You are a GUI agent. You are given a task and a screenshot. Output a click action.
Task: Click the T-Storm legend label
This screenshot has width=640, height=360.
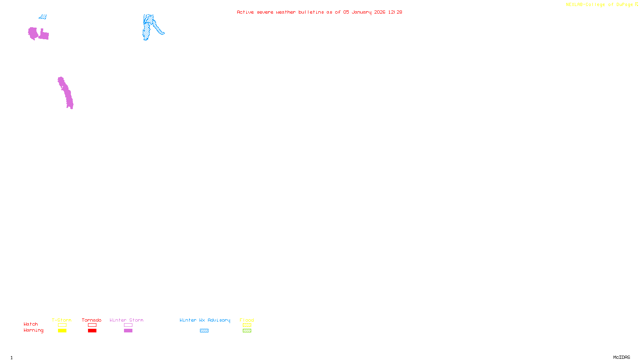[62, 320]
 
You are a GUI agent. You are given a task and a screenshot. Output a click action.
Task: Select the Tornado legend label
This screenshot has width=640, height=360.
[92, 320]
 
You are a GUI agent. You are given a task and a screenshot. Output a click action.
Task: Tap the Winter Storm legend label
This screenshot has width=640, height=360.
[126, 320]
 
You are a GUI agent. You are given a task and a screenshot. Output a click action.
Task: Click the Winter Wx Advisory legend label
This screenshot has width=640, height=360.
[205, 320]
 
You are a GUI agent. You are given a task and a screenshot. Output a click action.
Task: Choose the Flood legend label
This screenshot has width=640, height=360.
[247, 320]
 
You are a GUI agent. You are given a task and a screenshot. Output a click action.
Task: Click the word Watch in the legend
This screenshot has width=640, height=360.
[31, 324]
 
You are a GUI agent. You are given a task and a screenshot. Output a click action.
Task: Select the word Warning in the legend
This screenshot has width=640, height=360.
[34, 330]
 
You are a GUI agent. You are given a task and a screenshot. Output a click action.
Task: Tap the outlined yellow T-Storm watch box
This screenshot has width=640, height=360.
[62, 325]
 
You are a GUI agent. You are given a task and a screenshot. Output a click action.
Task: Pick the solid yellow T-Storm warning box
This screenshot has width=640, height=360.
[62, 331]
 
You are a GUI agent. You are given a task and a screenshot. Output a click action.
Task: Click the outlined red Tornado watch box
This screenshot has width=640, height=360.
[92, 325]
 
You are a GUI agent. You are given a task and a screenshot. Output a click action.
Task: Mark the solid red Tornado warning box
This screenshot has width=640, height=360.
[92, 331]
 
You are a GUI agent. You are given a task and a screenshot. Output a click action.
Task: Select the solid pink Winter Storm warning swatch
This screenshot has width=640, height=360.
[128, 331]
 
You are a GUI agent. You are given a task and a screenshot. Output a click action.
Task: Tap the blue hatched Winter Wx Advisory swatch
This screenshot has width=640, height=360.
[204, 331]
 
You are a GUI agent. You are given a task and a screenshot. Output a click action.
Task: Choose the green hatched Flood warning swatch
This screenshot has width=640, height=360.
[247, 331]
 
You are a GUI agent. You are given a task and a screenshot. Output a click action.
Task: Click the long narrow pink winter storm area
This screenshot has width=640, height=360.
[66, 93]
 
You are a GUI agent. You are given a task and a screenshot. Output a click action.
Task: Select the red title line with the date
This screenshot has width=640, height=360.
[319, 12]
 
